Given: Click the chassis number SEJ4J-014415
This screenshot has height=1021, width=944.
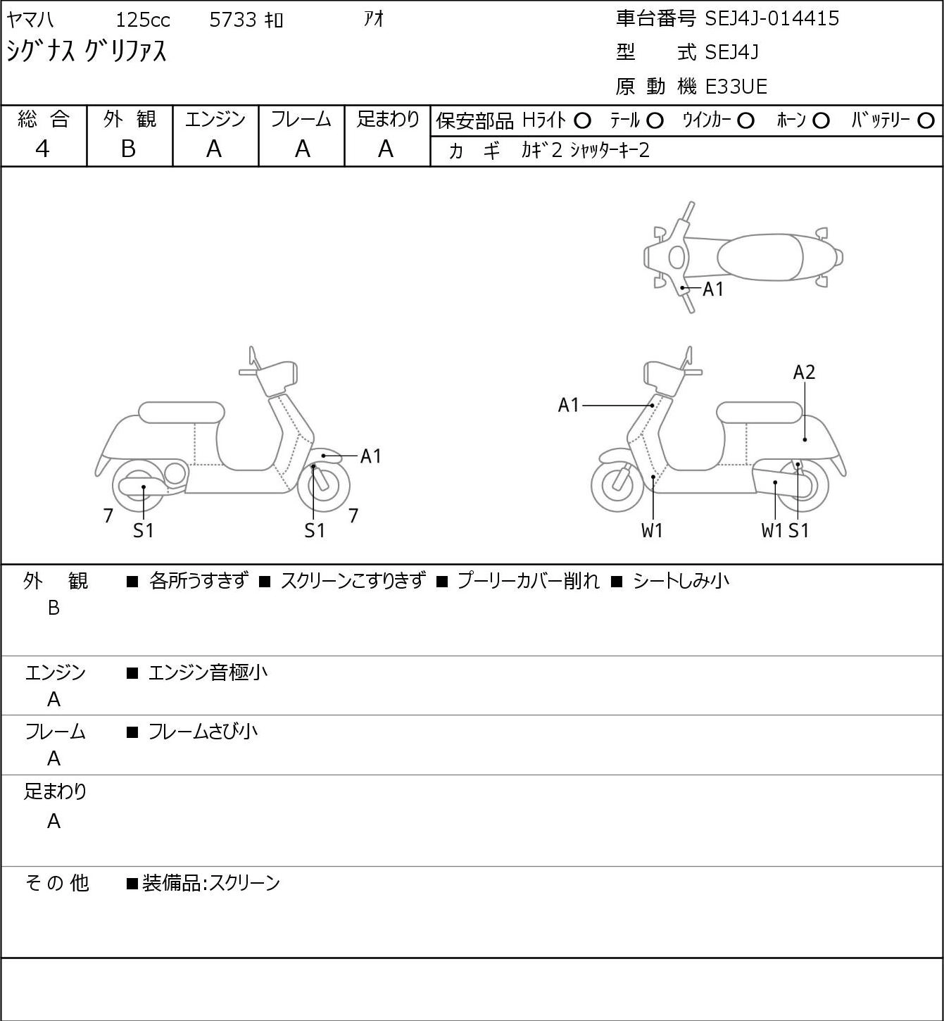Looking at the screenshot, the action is [772, 19].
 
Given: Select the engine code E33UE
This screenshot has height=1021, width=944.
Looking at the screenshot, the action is [736, 87].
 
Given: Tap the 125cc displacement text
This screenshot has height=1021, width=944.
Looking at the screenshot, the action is [142, 20].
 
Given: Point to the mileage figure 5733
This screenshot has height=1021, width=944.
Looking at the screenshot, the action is [232, 20].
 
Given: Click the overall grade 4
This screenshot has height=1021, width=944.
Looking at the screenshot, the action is [42, 149].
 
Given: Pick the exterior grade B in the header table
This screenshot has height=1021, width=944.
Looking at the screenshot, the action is [128, 149].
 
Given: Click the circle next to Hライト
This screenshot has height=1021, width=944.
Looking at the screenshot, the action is [582, 121].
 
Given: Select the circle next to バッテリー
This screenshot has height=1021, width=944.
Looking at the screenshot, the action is [926, 121].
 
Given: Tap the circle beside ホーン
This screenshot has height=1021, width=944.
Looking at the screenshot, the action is [821, 121].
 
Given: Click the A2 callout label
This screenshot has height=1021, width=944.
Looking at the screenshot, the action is [804, 372].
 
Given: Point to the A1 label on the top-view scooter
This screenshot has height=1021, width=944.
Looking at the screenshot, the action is [713, 289].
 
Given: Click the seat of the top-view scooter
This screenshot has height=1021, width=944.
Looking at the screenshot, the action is [760, 257].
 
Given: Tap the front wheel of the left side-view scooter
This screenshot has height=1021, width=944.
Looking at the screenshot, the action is [323, 486].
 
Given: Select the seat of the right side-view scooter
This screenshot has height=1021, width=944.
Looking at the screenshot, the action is [760, 413].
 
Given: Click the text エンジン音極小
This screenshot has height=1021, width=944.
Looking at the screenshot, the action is [208, 673].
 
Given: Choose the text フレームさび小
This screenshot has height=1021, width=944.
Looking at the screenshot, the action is [203, 732].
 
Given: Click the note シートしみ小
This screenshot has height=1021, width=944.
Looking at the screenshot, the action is [681, 581].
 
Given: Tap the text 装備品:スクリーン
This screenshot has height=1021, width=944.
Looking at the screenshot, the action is [210, 883].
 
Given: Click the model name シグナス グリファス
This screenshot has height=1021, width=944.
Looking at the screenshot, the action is [86, 51].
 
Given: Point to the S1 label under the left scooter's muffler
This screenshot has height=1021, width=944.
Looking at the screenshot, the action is [144, 530].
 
